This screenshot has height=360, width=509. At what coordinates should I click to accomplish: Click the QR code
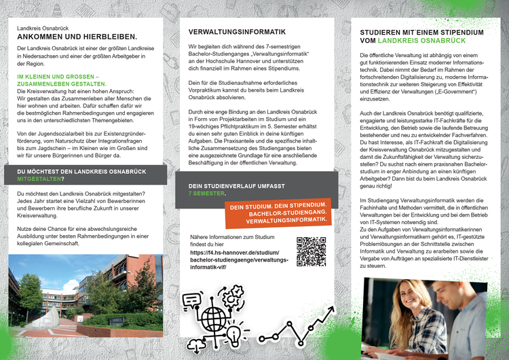pyautogui.click(x=312, y=251)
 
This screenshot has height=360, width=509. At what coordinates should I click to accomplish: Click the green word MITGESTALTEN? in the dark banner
pyautogui.click(x=41, y=179)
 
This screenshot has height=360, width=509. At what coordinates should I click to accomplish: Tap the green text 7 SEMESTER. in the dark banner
pyautogui.click(x=207, y=193)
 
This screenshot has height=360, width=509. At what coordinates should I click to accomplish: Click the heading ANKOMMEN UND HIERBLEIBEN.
pyautogui.click(x=77, y=37)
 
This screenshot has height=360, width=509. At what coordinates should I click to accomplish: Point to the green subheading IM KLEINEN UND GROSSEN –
pyautogui.click(x=58, y=77)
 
